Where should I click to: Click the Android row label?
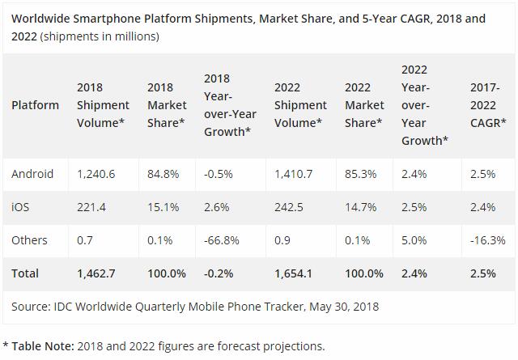[32, 174]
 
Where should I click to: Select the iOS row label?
[21, 207]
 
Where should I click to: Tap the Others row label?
[29, 240]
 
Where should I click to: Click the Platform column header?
[35, 105]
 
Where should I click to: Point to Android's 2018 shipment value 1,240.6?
[96, 174]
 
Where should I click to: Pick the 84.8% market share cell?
[164, 174]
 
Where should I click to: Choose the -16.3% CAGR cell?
[487, 240]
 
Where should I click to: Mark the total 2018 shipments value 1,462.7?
[96, 273]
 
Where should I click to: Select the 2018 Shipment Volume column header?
[103, 105]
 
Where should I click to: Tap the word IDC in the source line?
[63, 307]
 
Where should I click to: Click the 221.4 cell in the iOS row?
[92, 207]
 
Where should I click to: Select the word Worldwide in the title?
[40, 18]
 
